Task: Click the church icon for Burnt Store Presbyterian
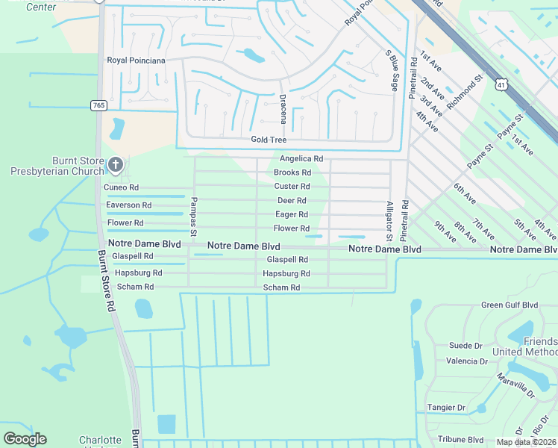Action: click(115, 164)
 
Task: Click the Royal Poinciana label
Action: click(136, 60)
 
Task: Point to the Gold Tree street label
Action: click(269, 140)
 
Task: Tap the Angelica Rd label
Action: click(301, 159)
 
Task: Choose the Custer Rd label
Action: click(292, 187)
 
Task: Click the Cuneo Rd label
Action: click(122, 187)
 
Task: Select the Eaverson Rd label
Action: click(129, 205)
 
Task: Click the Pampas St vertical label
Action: click(192, 217)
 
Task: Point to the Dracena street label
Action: click(283, 108)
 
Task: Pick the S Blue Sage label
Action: click(389, 71)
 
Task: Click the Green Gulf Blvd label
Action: click(510, 305)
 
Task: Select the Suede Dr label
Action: click(465, 346)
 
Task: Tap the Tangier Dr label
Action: click(446, 408)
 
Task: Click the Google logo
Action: click(25, 439)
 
